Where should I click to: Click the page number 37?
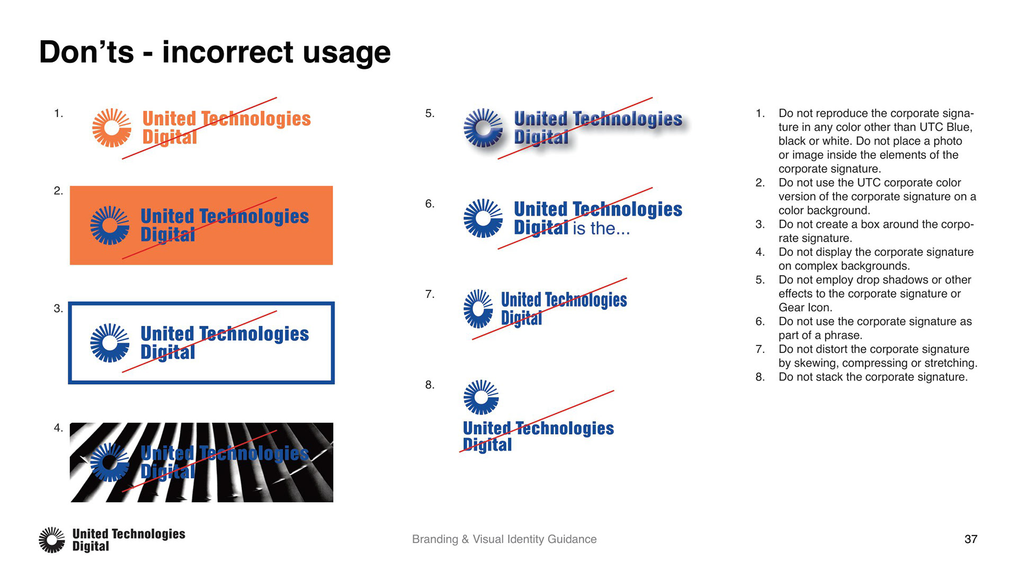[970, 539]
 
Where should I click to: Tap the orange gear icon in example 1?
[111, 128]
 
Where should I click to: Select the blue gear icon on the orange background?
[110, 225]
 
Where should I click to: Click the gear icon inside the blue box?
[110, 343]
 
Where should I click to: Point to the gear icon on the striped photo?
[110, 462]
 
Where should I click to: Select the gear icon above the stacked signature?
[481, 397]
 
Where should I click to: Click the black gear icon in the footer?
[52, 540]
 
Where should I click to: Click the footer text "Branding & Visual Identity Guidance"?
[504, 539]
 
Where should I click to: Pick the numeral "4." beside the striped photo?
[58, 428]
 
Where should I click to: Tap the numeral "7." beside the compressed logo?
[430, 294]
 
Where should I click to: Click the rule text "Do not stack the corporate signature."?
[873, 377]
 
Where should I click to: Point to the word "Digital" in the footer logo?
[91, 546]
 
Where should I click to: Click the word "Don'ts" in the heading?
[86, 52]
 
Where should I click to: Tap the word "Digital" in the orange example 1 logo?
[169, 137]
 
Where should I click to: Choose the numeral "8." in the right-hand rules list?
[760, 377]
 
